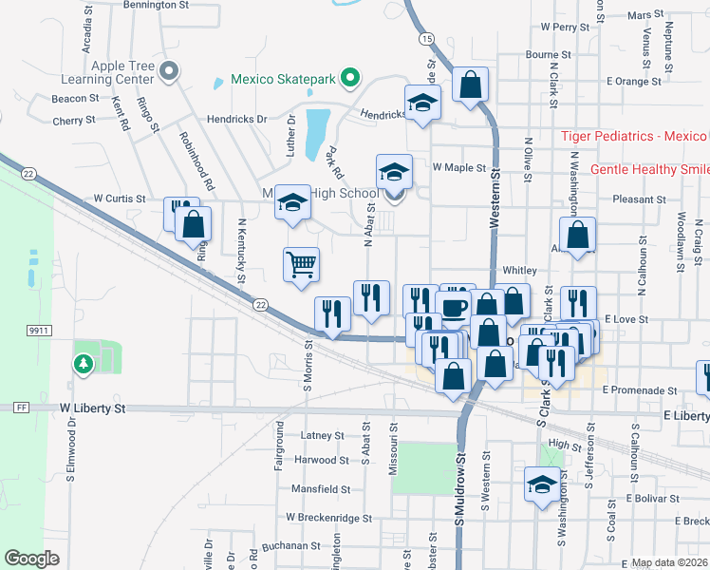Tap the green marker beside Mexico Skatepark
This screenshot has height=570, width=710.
point(350,77)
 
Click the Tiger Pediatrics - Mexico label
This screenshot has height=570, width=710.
point(634,137)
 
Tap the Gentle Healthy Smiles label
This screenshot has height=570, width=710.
point(649,169)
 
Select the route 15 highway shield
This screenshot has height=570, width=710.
point(427,38)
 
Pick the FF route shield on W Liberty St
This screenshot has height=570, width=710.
point(21,408)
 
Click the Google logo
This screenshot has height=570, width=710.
point(31,559)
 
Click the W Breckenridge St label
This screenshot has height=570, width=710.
point(329,518)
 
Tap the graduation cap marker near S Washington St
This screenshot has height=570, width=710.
point(542,484)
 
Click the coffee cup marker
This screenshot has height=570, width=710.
point(454,307)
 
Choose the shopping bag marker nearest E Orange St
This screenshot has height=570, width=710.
point(470,85)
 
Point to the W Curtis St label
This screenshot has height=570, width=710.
point(119,199)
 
